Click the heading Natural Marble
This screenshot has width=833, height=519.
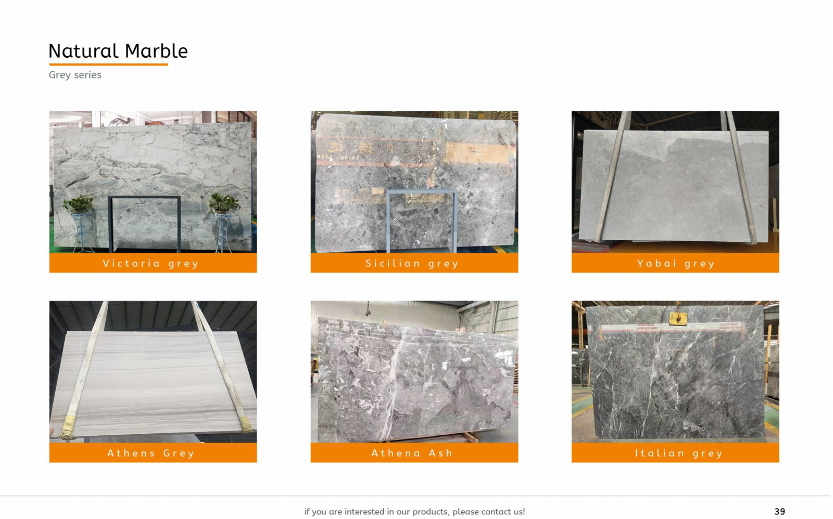118,51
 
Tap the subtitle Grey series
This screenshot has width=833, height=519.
75,75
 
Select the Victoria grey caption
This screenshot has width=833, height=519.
150,263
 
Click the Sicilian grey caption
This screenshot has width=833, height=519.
412,263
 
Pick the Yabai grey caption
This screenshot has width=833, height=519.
676,263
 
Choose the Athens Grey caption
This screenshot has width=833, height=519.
150,453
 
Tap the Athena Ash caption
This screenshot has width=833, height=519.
412,453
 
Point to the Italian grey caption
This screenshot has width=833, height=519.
679,453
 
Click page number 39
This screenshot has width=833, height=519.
779,512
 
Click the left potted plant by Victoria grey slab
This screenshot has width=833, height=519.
79,204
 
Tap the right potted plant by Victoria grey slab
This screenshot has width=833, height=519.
224,203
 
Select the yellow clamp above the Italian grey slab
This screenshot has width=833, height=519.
678,318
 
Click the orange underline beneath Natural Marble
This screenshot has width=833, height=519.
108,64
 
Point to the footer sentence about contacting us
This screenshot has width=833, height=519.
414,512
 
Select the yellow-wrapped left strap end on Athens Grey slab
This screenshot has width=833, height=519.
68,427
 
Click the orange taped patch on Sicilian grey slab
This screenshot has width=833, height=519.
477,153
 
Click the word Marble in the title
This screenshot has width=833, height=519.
156,51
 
